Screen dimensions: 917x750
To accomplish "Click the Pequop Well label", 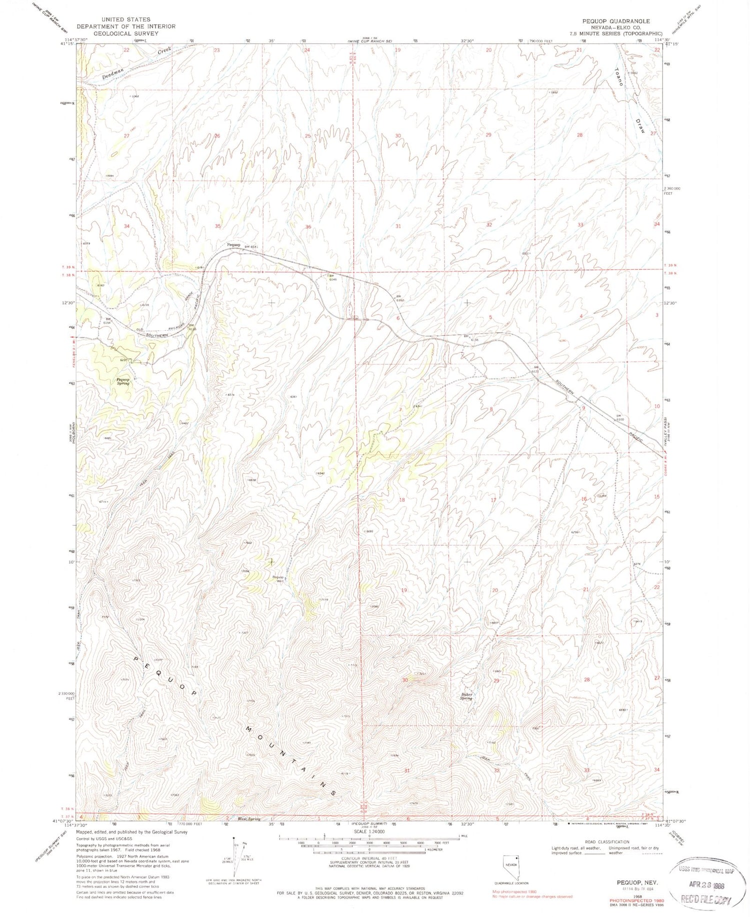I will (277, 578).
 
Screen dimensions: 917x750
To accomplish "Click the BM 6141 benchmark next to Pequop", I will (251, 247).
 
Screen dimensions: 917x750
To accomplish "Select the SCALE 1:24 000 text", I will (370, 831).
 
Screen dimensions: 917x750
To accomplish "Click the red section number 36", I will (308, 227).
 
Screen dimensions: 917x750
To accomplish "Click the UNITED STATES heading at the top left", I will (125, 20).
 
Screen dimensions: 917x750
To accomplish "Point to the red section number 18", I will (401, 500).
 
